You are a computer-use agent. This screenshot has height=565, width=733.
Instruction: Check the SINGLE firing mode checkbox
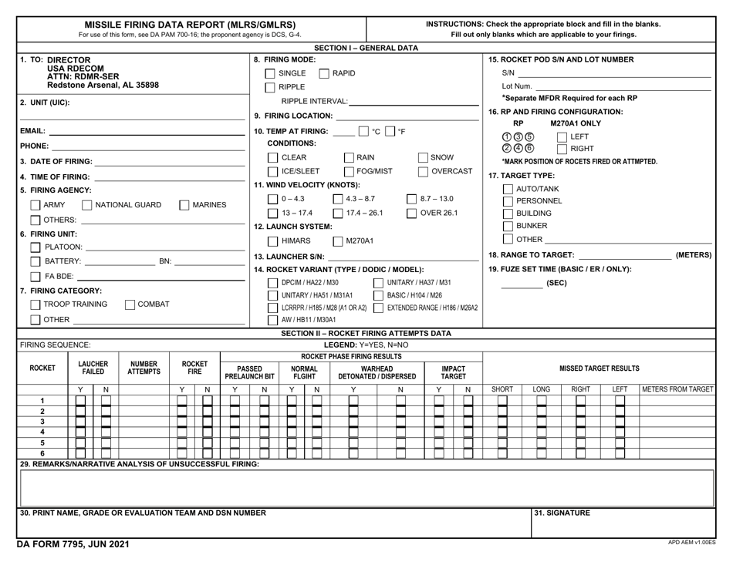[270, 73]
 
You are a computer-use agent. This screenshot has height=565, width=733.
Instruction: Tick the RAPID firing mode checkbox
[323, 73]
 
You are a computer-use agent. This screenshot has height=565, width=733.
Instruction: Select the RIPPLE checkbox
[270, 87]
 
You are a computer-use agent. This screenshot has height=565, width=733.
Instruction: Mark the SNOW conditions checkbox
[422, 158]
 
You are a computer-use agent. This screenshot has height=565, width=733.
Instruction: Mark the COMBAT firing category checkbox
[130, 304]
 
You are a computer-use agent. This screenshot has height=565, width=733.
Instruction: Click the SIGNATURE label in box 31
[562, 513]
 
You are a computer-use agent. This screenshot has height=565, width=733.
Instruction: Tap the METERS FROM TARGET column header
[677, 390]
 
